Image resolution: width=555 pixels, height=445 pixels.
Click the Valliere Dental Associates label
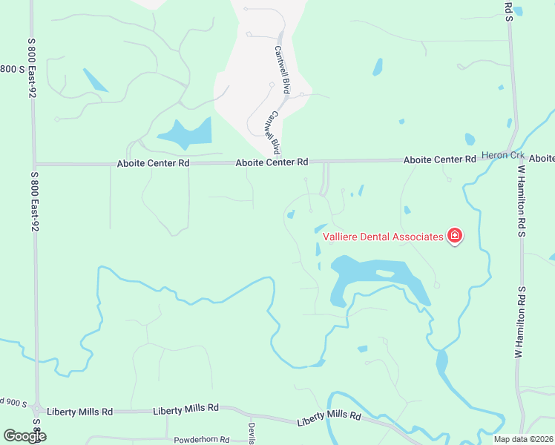pyautogui.click(x=383, y=237)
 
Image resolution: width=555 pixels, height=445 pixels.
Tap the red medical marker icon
pyautogui.click(x=455, y=237)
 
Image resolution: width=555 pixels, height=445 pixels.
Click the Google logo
pyautogui.click(x=24, y=436)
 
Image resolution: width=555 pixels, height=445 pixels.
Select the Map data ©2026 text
pyautogui.click(x=523, y=439)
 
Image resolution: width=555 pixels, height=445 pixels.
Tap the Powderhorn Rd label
pyautogui.click(x=203, y=440)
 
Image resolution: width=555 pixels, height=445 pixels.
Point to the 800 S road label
pyautogui.click(x=8, y=69)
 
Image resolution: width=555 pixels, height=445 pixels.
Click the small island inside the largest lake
pyautogui.click(x=384, y=273)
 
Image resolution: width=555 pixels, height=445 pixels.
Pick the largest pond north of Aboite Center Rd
pyautogui.click(x=185, y=133)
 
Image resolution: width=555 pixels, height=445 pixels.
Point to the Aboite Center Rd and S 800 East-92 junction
pyautogui.click(x=34, y=164)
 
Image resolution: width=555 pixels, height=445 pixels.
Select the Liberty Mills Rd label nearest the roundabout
pyautogui.click(x=79, y=411)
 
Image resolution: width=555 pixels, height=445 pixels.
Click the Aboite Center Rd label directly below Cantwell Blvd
pyautogui.click(x=272, y=162)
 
